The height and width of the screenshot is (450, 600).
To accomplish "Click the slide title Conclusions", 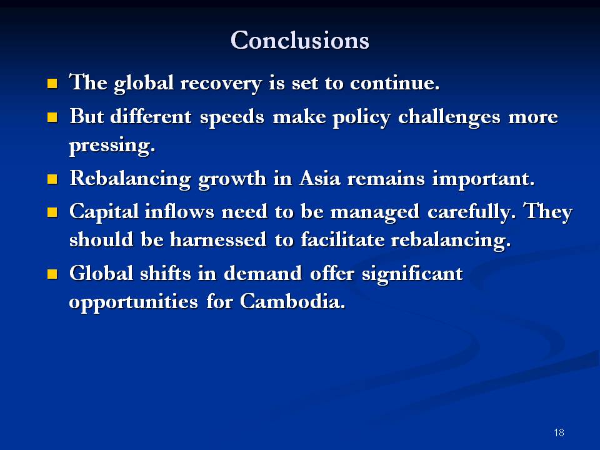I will [300, 40].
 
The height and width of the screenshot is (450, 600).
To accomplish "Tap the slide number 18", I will [559, 432].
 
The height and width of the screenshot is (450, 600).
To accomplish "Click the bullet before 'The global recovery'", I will [53, 84].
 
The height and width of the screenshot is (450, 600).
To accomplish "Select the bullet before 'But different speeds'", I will [53, 117].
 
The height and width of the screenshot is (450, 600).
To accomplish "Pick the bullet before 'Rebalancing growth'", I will [53, 179].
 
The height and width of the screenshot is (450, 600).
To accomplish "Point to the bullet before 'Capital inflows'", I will [53, 212].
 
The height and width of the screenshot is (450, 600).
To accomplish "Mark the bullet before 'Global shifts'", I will [53, 274].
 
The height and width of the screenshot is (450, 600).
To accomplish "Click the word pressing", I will [111, 147].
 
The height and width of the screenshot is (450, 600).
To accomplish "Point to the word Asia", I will [321, 179].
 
